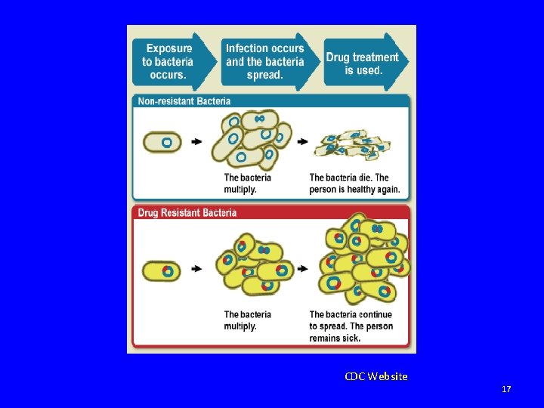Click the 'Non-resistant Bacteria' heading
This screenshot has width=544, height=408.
(x=184, y=101)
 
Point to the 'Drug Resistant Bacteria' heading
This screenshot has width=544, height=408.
(x=187, y=212)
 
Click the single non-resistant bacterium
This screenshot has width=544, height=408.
(x=163, y=142)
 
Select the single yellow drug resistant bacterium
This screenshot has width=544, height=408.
(x=163, y=270)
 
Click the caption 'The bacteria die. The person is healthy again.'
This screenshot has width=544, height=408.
(x=354, y=184)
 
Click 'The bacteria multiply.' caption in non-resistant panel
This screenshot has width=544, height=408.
(x=247, y=184)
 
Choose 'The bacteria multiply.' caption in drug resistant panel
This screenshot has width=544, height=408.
(x=247, y=320)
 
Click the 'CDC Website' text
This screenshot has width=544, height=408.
(x=376, y=376)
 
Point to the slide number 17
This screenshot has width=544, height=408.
(x=506, y=389)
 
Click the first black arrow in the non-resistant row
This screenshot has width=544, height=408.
(x=197, y=141)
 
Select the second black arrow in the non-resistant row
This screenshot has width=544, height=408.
(x=302, y=141)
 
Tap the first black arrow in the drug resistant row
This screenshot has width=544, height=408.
(x=197, y=269)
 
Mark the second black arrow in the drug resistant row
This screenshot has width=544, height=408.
(x=302, y=269)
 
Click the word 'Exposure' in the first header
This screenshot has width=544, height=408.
(x=168, y=49)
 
